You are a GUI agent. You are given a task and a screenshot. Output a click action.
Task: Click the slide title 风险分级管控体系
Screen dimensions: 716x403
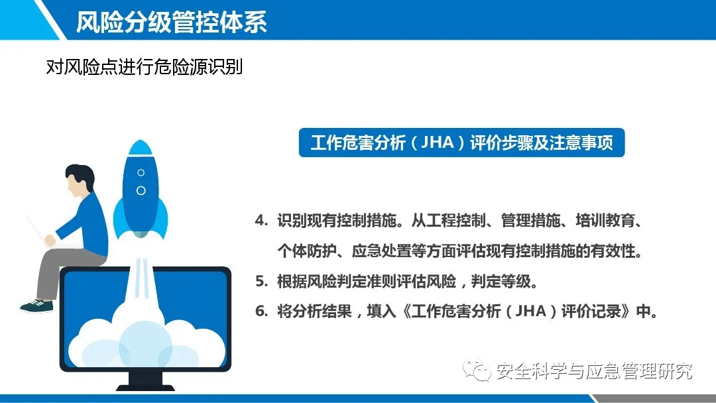(171, 22)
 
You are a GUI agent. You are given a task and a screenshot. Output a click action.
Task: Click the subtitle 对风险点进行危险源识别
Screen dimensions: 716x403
(145, 67)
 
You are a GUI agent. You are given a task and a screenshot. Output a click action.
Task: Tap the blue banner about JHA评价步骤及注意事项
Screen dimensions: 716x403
(461, 143)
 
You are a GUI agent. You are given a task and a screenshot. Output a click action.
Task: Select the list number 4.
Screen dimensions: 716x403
(261, 221)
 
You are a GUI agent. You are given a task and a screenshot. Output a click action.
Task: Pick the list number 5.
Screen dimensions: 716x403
(261, 281)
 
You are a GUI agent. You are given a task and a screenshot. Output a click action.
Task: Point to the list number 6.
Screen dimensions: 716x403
(261, 312)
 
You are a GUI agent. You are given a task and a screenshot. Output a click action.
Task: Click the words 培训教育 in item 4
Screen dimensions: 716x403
(605, 221)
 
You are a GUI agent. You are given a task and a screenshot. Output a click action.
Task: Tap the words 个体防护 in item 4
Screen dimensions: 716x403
(306, 251)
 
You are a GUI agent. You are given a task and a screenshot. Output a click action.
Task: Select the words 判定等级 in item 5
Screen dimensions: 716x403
(501, 281)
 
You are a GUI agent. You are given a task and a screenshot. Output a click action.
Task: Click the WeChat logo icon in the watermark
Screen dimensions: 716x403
(477, 370)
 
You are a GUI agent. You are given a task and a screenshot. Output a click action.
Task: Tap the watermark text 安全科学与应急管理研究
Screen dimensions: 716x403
(594, 371)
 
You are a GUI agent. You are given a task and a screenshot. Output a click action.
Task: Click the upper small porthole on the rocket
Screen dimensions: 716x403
(141, 172)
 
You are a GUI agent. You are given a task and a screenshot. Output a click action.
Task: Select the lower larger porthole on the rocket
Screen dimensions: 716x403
(141, 190)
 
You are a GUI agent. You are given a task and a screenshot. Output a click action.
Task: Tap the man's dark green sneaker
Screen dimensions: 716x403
(37, 306)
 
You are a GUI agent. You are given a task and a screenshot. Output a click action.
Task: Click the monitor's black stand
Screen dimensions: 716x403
(146, 382)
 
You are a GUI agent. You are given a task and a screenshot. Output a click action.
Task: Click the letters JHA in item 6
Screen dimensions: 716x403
(530, 312)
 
